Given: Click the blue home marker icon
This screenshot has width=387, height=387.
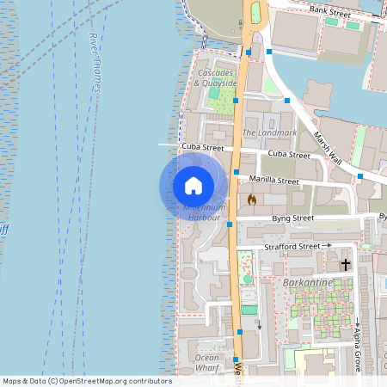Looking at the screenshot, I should pyautogui.click(x=193, y=185).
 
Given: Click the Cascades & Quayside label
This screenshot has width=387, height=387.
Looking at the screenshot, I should pyautogui.click(x=216, y=78).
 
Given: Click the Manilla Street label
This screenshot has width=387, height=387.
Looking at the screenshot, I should pyautogui.click(x=273, y=181).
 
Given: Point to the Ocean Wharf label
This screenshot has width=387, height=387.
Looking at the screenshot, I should pyautogui.click(x=207, y=362).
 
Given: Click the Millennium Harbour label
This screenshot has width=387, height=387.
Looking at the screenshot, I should pyautogui.click(x=204, y=212).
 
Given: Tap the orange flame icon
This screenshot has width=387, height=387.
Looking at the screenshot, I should pyautogui.click(x=252, y=200).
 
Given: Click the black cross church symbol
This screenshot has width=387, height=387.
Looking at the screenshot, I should pyautogui.click(x=346, y=264).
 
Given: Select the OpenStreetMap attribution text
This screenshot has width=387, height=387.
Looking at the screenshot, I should pyautogui.click(x=86, y=381).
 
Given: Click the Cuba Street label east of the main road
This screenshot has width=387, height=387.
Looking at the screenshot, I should pyautogui.click(x=289, y=155).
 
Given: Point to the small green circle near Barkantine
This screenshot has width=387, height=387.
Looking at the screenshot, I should pyautogui.click(x=249, y=279).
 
